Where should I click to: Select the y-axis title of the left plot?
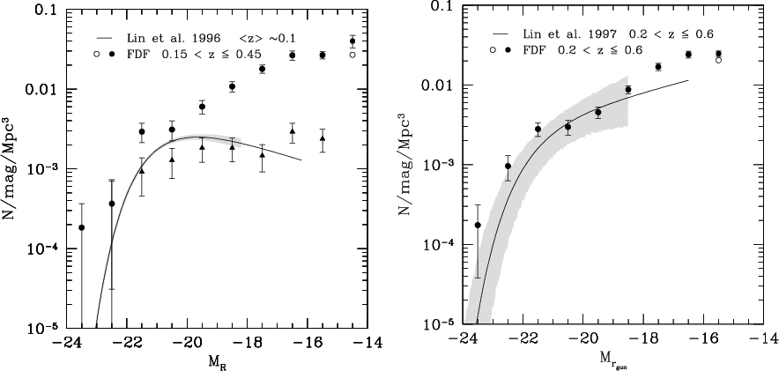pos(12,168)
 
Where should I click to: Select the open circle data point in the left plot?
pos(352,55)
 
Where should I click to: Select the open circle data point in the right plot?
pos(718,60)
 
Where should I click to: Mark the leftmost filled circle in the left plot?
pos(82,227)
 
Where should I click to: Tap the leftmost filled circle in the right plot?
pos(479,225)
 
